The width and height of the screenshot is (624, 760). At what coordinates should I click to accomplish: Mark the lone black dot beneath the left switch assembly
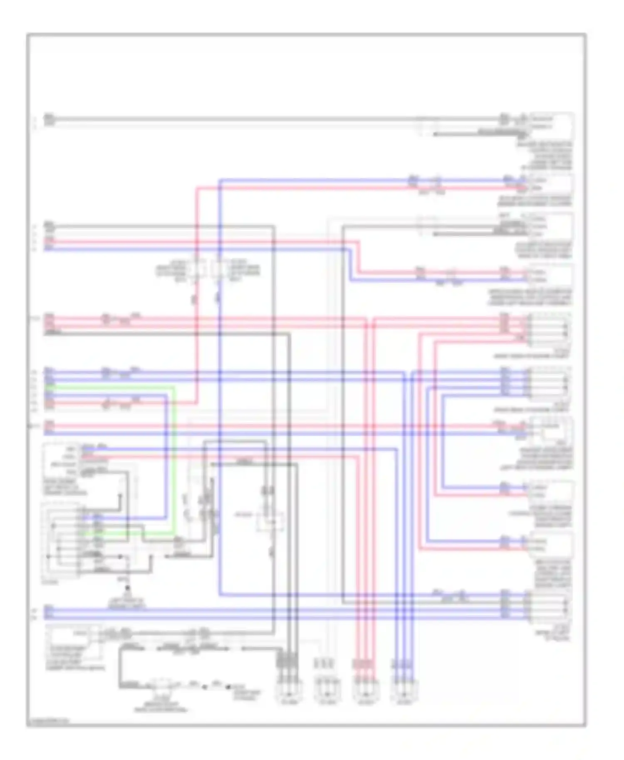[127, 588]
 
